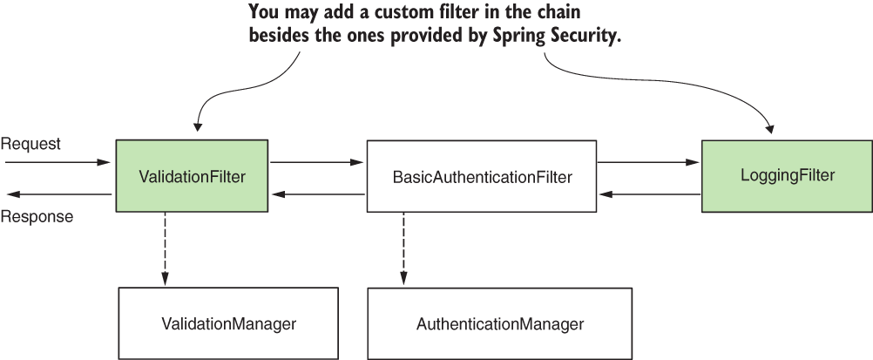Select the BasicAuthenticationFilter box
point(482,177)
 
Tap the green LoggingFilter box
point(787,175)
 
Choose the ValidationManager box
point(229,323)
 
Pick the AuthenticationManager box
point(499,324)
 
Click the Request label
point(30,144)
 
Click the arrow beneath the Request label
point(57,162)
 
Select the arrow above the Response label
point(57,194)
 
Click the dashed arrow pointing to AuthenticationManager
point(403,248)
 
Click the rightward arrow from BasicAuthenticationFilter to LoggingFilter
point(649,162)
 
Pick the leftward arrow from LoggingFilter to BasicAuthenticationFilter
point(649,194)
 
